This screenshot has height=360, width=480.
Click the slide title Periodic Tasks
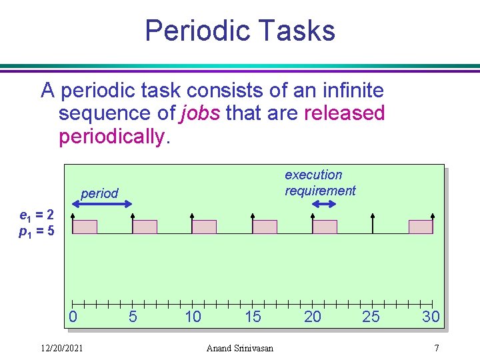click(x=239, y=31)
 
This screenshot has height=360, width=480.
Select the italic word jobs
click(x=200, y=113)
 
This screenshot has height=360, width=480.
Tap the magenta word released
click(x=344, y=113)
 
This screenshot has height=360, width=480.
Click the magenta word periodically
click(x=111, y=137)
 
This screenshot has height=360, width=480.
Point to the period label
click(x=99, y=193)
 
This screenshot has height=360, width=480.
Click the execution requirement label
click(x=320, y=183)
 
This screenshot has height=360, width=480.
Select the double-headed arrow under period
click(x=102, y=207)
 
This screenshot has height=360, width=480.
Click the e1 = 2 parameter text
click(x=41, y=216)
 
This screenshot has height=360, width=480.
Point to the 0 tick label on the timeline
click(x=73, y=317)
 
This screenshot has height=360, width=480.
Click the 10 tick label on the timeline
click(x=193, y=317)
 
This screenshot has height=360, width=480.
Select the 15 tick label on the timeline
click(x=253, y=317)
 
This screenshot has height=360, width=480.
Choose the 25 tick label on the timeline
click(x=371, y=317)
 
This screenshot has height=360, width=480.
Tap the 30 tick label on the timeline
click(x=431, y=317)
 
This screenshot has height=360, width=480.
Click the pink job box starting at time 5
click(x=145, y=227)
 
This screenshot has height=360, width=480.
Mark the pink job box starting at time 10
click(x=204, y=227)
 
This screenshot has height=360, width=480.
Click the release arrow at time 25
click(x=373, y=223)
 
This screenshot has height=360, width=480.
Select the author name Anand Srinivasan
click(x=240, y=348)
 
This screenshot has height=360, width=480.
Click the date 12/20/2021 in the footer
click(x=62, y=348)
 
